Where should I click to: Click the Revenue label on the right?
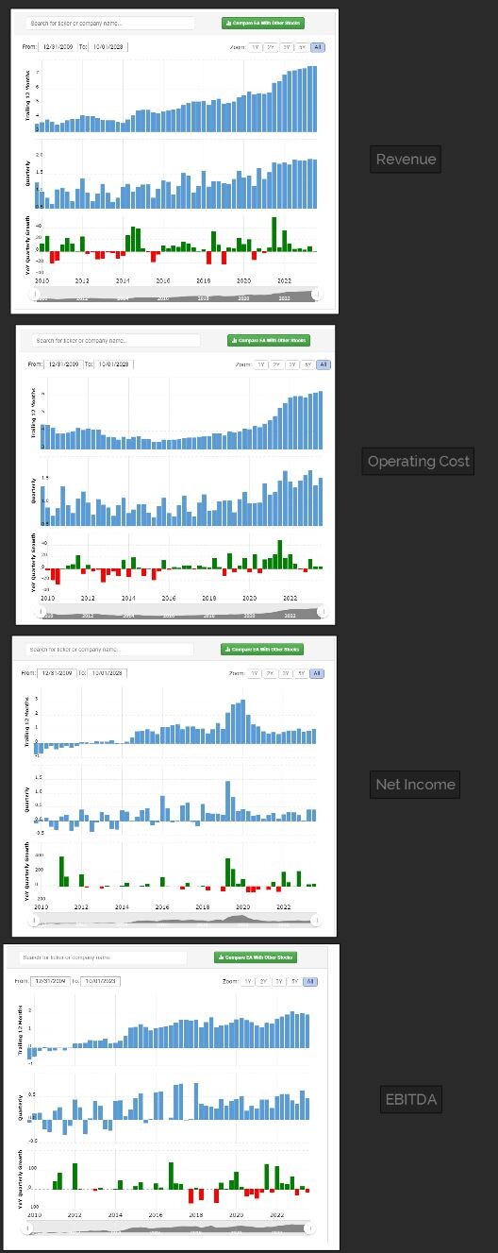click(x=406, y=159)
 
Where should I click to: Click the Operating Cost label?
click(x=419, y=461)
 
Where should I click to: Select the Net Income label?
click(x=415, y=784)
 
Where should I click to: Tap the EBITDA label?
click(x=411, y=1099)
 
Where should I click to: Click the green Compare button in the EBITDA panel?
click(x=256, y=957)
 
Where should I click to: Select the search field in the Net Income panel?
click(x=108, y=650)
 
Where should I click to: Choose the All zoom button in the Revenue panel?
click(x=317, y=47)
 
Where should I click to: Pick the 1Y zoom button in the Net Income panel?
click(x=254, y=673)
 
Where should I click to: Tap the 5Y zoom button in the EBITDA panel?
click(x=294, y=981)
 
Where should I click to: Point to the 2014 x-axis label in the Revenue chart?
click(x=123, y=280)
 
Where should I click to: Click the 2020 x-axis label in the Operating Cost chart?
click(x=249, y=598)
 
